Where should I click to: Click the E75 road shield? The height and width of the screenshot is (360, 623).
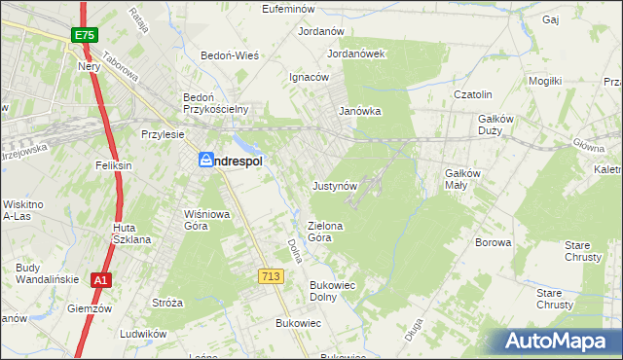click(x=84, y=36)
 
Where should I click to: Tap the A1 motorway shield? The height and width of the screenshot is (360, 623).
click(x=100, y=280)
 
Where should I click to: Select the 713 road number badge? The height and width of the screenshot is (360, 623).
click(x=271, y=277)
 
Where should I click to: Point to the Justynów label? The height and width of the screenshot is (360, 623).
click(x=336, y=185)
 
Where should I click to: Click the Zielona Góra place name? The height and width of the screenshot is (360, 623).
click(x=327, y=231)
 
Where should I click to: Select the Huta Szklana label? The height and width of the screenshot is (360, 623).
click(x=130, y=233)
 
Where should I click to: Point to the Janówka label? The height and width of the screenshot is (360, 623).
click(x=359, y=112)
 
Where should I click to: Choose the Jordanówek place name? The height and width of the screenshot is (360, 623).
click(x=357, y=54)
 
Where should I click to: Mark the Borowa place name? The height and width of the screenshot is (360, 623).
click(x=493, y=242)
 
